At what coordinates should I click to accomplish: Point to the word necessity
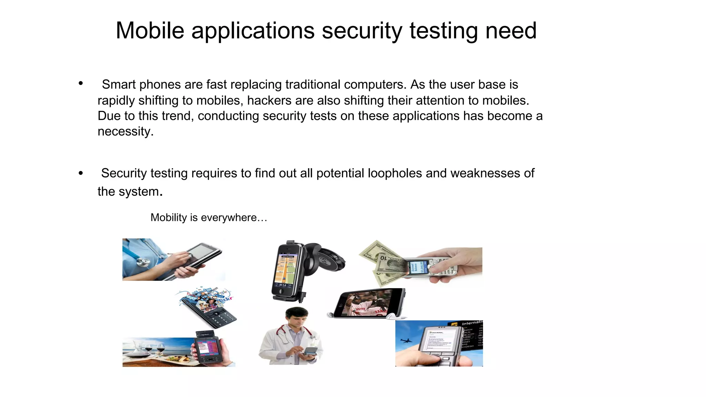click(x=125, y=131)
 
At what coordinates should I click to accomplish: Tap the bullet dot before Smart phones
click(x=81, y=83)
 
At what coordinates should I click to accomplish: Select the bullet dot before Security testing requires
click(x=81, y=173)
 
